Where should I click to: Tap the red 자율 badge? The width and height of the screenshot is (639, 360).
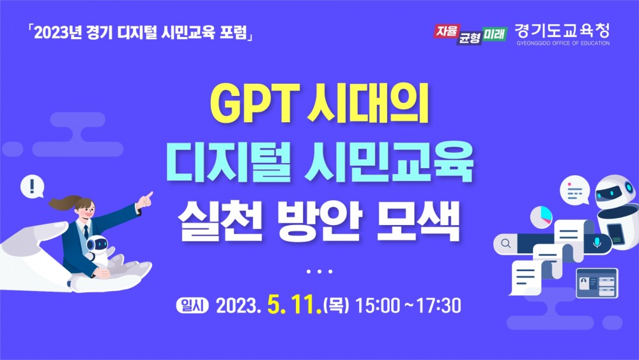click(x=445, y=30)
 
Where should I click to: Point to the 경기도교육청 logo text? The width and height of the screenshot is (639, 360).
click(x=562, y=30)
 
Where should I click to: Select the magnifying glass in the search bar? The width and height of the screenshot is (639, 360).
click(x=506, y=243)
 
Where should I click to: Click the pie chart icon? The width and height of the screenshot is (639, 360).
click(x=541, y=215)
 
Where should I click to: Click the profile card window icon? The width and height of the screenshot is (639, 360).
click(x=596, y=283)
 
